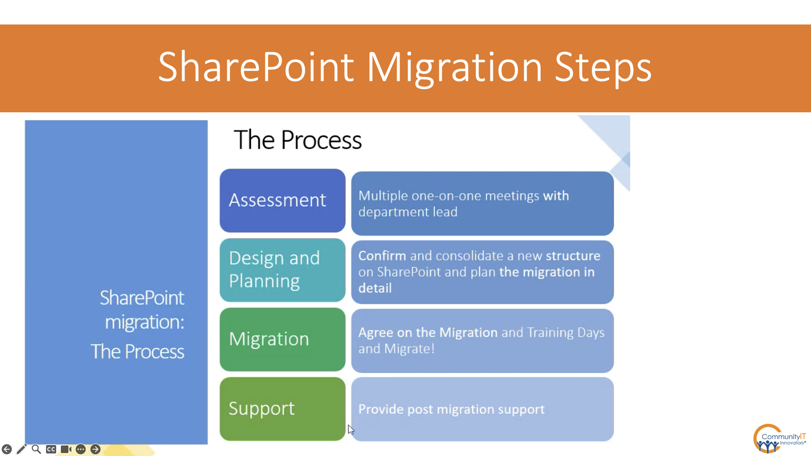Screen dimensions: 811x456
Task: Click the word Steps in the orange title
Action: coord(603,68)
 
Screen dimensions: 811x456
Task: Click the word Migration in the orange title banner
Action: coord(454,68)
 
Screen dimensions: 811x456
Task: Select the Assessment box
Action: coord(283,201)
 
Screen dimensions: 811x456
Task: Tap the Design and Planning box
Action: coord(283,270)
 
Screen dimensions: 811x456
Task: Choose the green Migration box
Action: coord(283,339)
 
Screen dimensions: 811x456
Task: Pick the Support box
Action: coord(283,409)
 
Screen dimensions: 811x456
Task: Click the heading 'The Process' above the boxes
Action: coord(298,140)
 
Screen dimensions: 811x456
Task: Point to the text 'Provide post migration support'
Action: coord(452,409)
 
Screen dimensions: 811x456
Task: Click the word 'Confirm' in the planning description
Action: coord(382,256)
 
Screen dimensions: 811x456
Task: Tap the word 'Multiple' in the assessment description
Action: coord(383,196)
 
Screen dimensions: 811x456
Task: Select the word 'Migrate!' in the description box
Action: coord(409,349)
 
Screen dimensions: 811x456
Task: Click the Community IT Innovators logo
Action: coord(780,439)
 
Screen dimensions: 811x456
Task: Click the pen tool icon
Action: coord(22,449)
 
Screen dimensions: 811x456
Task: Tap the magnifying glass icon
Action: coord(36,449)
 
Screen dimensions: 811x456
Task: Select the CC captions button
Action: coord(51,449)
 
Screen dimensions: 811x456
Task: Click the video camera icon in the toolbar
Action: coord(66,449)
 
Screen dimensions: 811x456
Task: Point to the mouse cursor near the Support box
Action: coord(351,429)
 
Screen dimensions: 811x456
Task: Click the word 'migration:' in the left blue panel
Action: coord(144,322)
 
